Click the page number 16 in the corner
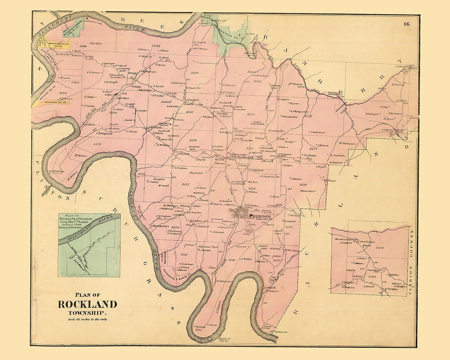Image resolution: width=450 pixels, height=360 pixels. (x=407, y=24)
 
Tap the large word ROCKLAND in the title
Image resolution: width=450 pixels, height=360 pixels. (x=87, y=304)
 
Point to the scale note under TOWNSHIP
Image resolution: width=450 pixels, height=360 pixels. (x=87, y=319)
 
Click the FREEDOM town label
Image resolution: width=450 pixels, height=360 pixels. (x=261, y=216)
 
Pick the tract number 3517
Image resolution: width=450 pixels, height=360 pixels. (x=185, y=184)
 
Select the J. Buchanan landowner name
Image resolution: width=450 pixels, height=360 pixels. (x=317, y=132)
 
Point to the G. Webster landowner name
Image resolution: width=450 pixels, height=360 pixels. (x=251, y=192)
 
